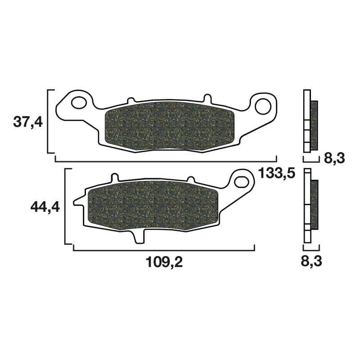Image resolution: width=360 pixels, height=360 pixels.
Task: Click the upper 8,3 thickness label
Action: pyautogui.click(x=333, y=158)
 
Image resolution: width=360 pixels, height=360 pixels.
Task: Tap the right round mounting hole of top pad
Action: pyautogui.click(x=262, y=106)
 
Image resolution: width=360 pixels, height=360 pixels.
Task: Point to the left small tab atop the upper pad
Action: pyautogui.click(x=131, y=99)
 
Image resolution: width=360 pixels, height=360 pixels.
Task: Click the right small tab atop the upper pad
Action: pyautogui.click(x=207, y=98)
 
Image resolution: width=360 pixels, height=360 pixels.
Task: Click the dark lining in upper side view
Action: pyautogui.click(x=314, y=125)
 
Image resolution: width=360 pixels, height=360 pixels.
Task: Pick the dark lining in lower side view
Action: pyautogui.click(x=314, y=204)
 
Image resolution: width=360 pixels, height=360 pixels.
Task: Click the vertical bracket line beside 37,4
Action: pyautogui.click(x=48, y=121)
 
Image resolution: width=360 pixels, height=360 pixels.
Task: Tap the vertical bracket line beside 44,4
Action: pyautogui.click(x=66, y=207)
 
